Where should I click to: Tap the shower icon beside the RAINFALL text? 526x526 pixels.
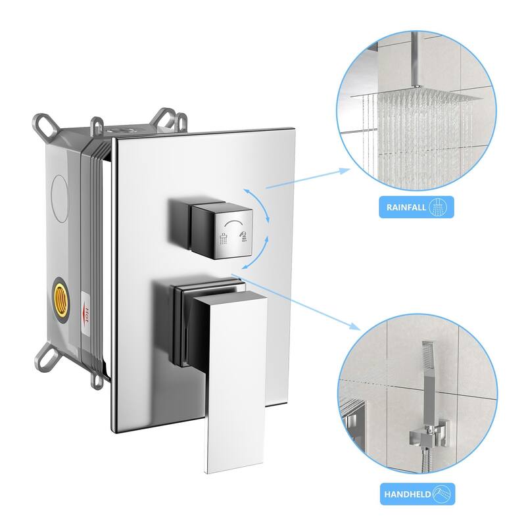(436, 208)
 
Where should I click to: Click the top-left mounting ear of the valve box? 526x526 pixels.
(45, 126)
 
